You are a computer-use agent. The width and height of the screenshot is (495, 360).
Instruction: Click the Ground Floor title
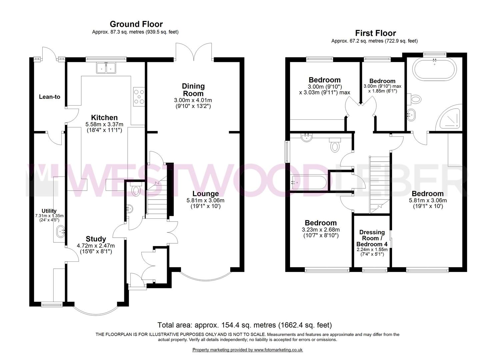pyautogui.click(x=136, y=24)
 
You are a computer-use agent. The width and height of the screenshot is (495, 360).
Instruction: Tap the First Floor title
pyautogui.click(x=375, y=33)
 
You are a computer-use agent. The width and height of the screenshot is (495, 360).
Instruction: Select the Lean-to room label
pyautogui.click(x=50, y=97)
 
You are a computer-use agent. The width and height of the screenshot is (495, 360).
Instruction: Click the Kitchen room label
pyautogui.click(x=104, y=117)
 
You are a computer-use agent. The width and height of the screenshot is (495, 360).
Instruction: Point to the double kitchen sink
pyautogui.click(x=106, y=68)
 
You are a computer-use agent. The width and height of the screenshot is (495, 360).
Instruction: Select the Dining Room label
pyautogui.click(x=193, y=90)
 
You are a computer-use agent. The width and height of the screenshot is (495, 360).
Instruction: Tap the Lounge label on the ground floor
pyautogui.click(x=205, y=194)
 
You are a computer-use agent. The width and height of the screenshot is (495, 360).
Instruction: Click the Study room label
pyautogui.click(x=96, y=239)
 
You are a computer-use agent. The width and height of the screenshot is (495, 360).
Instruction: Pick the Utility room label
pyautogui.click(x=49, y=211)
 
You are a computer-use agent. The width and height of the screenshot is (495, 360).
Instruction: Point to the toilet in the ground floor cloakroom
pyautogui.click(x=136, y=190)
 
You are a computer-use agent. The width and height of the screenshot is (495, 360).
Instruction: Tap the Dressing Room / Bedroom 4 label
pyautogui.click(x=372, y=238)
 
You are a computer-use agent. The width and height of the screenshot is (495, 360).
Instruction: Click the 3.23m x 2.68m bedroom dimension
pyautogui.click(x=321, y=230)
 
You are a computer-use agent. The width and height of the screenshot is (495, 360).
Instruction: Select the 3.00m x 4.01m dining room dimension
pyautogui.click(x=193, y=100)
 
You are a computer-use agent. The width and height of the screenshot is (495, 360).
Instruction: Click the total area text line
pyautogui.click(x=244, y=325)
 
